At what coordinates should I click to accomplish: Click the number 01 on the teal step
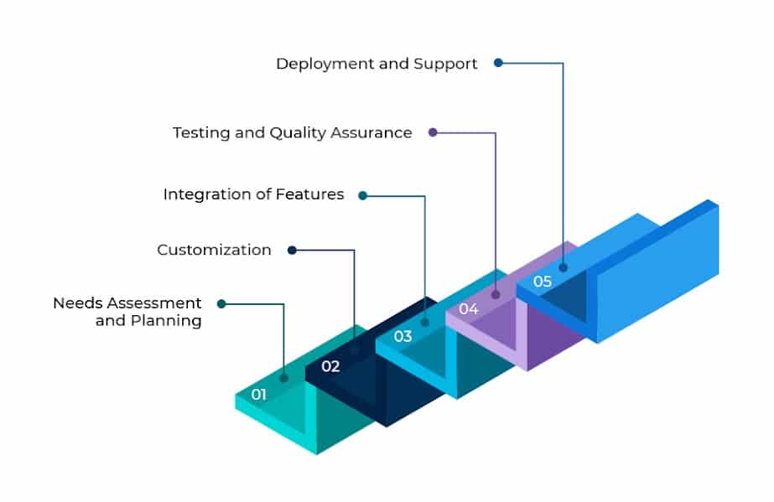click(258, 394)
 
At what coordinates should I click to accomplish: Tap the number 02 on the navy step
click(330, 366)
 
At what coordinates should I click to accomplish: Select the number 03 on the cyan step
click(403, 337)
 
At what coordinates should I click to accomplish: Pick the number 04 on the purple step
click(468, 309)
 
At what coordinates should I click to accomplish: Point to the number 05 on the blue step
click(542, 282)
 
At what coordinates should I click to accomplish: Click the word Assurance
click(375, 132)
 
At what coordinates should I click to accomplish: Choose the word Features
click(310, 194)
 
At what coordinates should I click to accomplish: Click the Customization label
click(214, 250)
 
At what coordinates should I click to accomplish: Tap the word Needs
click(76, 303)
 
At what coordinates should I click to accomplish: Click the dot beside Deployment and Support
click(498, 62)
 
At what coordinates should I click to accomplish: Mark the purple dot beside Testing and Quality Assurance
click(433, 132)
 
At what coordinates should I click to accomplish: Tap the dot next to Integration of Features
click(362, 195)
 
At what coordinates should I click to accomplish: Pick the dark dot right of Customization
click(292, 250)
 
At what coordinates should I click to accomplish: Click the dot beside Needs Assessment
click(221, 303)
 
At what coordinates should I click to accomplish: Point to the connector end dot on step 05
click(563, 268)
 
